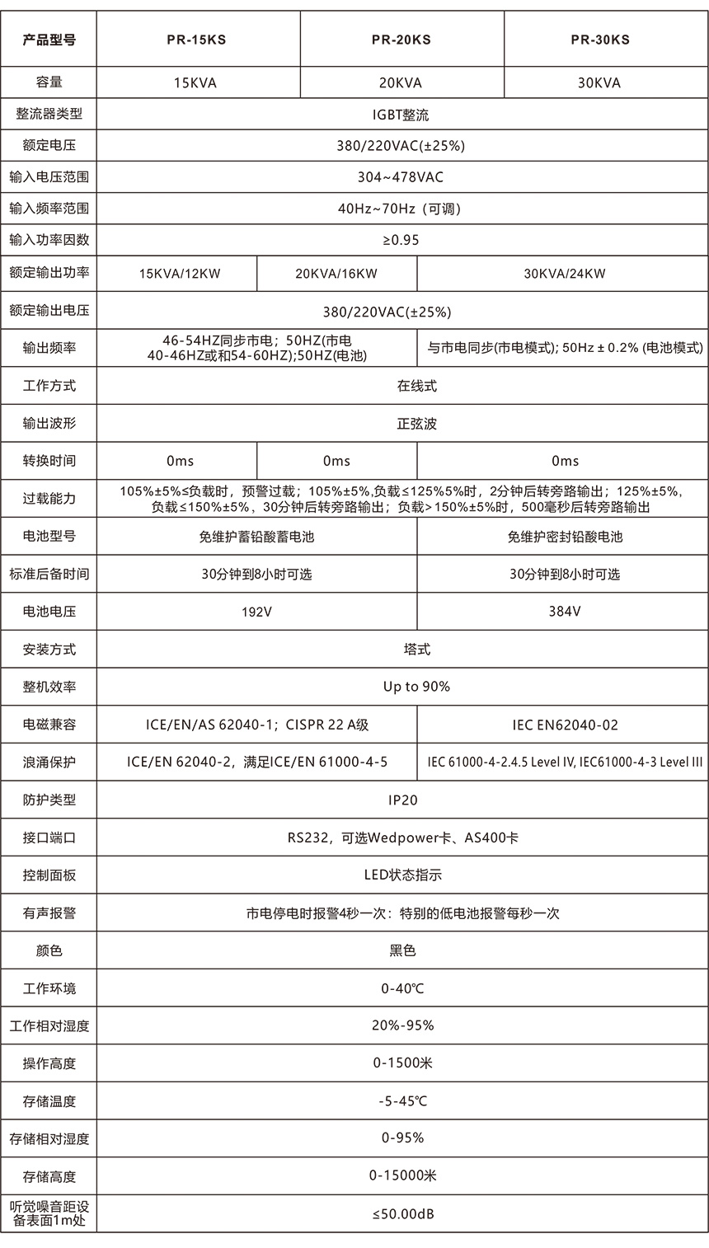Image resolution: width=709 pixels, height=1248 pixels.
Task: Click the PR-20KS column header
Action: click(401, 40)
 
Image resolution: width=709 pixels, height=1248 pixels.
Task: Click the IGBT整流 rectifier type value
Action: click(401, 115)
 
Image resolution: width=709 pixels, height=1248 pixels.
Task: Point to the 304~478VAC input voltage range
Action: click(401, 177)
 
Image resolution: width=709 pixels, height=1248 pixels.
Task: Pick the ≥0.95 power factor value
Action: click(401, 240)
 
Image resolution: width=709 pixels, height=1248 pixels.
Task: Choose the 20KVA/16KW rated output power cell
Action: click(336, 274)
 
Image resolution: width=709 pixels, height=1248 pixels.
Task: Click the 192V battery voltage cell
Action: click(256, 612)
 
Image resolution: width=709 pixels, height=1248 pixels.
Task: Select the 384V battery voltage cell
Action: click(565, 612)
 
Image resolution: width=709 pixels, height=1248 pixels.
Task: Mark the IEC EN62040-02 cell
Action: click(565, 725)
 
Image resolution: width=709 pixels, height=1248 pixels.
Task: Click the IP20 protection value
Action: click(401, 800)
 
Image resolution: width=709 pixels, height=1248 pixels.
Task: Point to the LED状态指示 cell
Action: click(401, 875)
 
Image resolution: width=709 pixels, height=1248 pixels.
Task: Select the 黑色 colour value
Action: click(401, 950)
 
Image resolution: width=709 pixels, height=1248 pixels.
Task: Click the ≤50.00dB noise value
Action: click(401, 1214)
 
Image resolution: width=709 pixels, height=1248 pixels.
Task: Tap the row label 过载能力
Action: click(49, 499)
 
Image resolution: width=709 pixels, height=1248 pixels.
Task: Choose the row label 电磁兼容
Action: click(49, 725)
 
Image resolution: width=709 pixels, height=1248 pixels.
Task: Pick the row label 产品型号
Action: click(49, 40)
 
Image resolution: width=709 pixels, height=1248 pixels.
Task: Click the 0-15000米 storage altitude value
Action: click(401, 1176)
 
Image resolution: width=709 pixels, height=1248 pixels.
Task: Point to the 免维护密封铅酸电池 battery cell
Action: click(565, 537)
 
